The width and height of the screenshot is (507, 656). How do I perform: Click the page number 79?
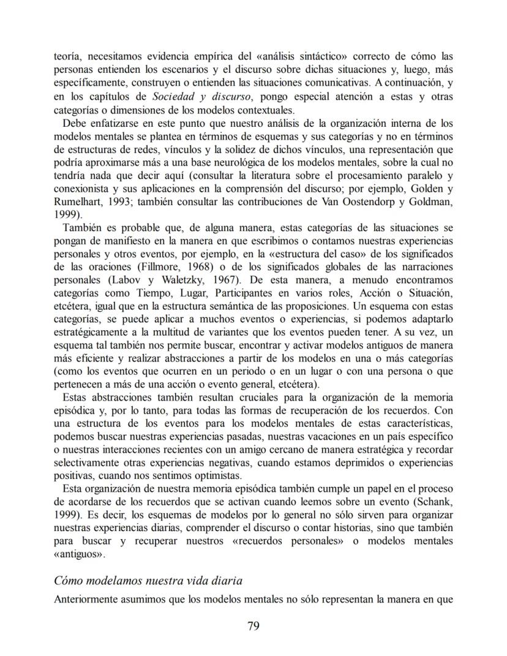click(254, 626)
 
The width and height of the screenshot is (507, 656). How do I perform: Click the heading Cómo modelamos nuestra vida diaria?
click(152, 580)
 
